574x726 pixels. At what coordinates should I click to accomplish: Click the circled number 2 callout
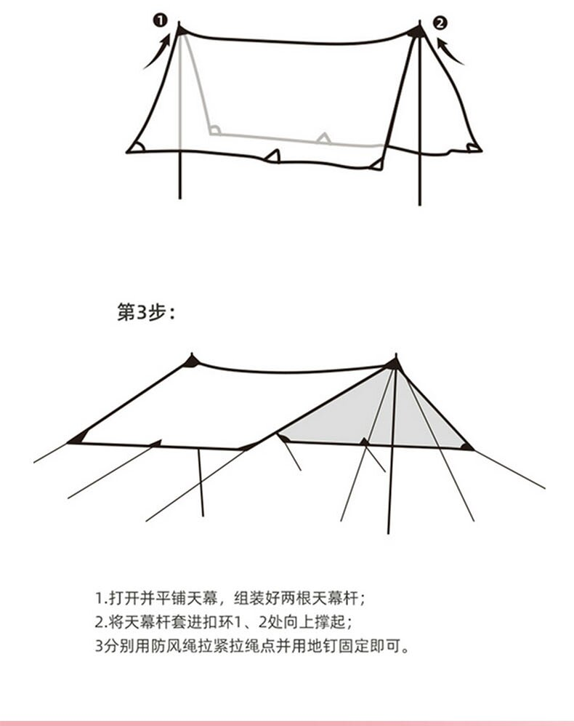[x=440, y=23]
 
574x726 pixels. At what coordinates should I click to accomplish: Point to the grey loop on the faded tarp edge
[x=323, y=137]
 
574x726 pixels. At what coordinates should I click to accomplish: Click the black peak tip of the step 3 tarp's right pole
[x=394, y=362]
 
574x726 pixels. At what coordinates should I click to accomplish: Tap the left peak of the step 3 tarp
[x=191, y=359]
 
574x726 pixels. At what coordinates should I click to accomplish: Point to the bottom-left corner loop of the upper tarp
[x=135, y=148]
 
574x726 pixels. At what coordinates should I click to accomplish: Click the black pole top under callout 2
[x=416, y=31]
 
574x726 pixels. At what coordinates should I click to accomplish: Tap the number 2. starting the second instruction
[x=100, y=622]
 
